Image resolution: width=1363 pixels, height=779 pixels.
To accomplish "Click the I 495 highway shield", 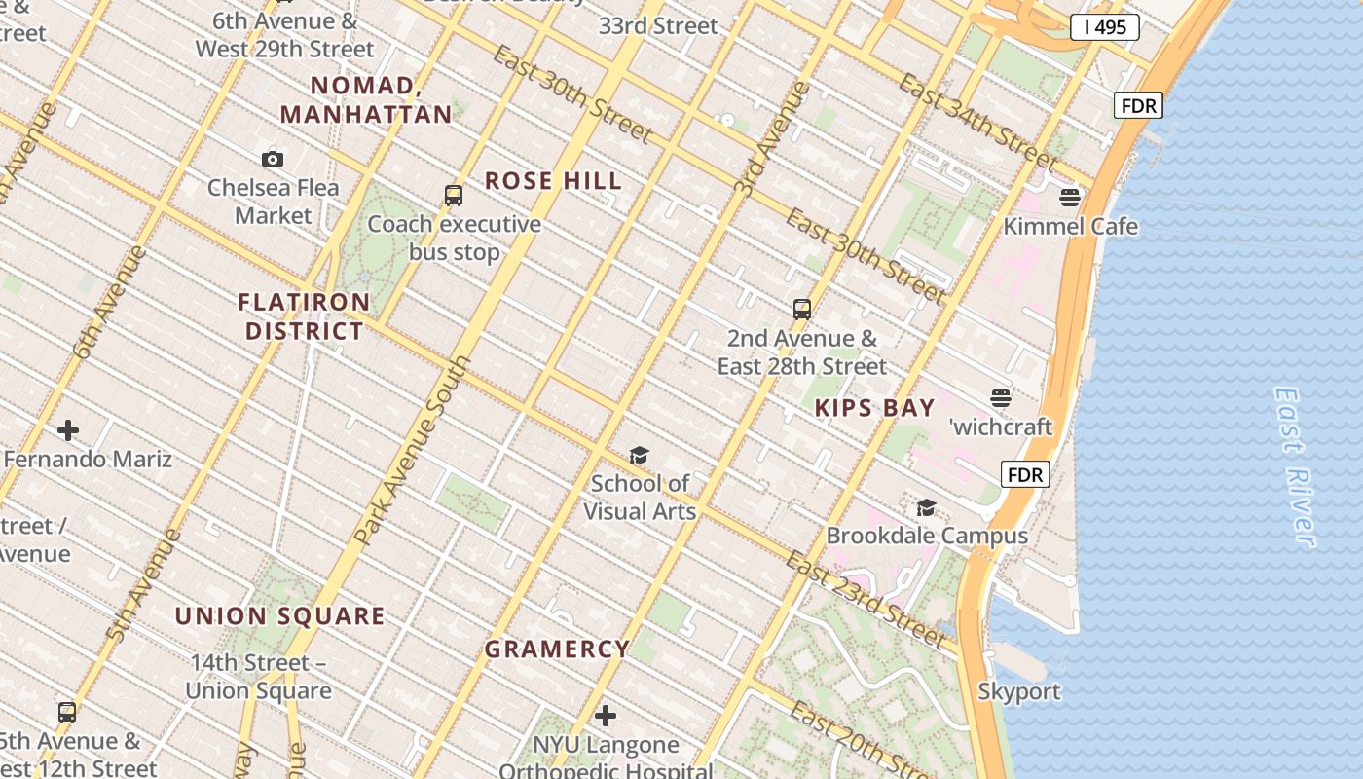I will pyautogui.click(x=1104, y=27).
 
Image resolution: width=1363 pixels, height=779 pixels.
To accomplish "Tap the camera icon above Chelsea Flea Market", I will pyautogui.click(x=273, y=159).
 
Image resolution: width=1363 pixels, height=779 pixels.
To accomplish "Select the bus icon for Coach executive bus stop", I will pyautogui.click(x=454, y=196).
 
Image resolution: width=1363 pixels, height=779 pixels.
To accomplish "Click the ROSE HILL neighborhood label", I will pyautogui.click(x=553, y=181).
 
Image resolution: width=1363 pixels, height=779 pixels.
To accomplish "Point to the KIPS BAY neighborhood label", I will pyautogui.click(x=874, y=408).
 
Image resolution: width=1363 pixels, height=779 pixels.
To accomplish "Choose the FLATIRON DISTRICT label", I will pyautogui.click(x=304, y=316).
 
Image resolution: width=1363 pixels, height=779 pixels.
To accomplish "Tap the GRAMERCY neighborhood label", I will pyautogui.click(x=557, y=649).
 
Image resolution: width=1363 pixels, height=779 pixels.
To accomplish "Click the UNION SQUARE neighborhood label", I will pyautogui.click(x=279, y=616).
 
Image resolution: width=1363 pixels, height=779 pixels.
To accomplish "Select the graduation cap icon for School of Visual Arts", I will pyautogui.click(x=639, y=455).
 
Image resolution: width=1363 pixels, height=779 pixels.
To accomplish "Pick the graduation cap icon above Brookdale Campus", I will pyautogui.click(x=926, y=508).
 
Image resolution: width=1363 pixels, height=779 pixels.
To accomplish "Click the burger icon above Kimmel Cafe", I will pyautogui.click(x=1070, y=199).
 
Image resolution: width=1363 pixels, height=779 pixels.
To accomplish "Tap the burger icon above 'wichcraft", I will pyautogui.click(x=1001, y=398).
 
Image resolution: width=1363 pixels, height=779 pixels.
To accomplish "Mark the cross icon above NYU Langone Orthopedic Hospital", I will pyautogui.click(x=606, y=717).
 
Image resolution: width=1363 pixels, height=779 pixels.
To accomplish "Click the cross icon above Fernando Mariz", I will pyautogui.click(x=68, y=430).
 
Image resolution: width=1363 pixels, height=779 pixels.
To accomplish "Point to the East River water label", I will pyautogui.click(x=1295, y=467).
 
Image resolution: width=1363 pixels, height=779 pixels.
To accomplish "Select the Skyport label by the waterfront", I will pyautogui.click(x=1018, y=692).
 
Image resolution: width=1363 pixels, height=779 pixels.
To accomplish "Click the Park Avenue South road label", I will pyautogui.click(x=413, y=450).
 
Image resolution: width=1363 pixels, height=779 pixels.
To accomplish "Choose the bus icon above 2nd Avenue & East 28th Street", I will pyautogui.click(x=802, y=310).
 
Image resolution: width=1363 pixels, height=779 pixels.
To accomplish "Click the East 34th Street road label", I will pyautogui.click(x=976, y=120).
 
